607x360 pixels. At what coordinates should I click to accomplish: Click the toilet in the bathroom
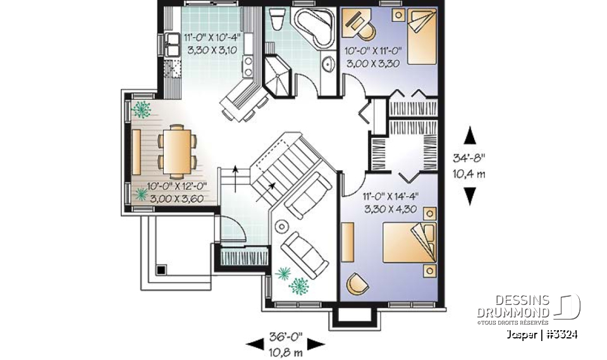[x=276, y=21]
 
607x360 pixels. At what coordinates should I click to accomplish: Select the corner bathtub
[x=314, y=28]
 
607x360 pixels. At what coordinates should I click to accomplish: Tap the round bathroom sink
[x=328, y=64]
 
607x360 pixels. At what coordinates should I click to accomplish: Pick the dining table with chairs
[x=176, y=150]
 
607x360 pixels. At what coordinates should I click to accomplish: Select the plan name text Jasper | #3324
[x=541, y=335]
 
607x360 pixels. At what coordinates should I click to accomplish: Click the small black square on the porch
[x=161, y=269]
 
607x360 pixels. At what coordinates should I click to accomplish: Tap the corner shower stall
[x=278, y=76]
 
